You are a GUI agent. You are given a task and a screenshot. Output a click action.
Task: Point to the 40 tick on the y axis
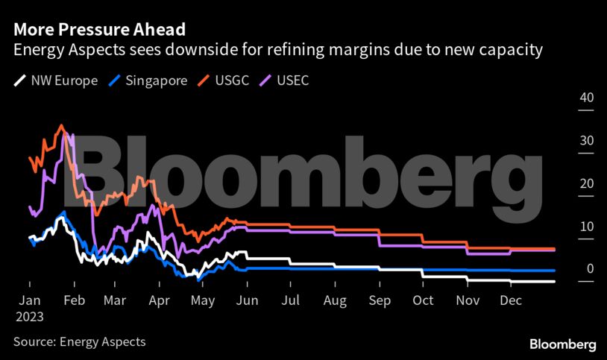(x=586, y=98)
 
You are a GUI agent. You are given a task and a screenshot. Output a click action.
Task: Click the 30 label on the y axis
(x=586, y=141)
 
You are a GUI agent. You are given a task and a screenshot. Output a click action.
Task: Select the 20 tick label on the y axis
(x=586, y=184)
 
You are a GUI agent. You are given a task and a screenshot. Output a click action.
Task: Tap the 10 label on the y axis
(x=586, y=227)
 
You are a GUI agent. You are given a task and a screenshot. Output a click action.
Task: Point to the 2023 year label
(x=28, y=316)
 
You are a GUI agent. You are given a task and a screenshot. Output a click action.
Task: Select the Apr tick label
(x=159, y=301)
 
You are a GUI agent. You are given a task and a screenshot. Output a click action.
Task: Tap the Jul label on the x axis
(x=291, y=301)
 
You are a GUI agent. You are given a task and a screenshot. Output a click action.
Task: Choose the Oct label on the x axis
(x=424, y=301)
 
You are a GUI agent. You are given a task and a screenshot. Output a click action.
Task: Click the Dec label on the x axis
(x=510, y=301)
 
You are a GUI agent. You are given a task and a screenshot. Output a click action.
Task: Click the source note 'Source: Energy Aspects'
(x=79, y=342)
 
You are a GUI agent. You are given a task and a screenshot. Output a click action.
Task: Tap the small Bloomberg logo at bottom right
(x=562, y=344)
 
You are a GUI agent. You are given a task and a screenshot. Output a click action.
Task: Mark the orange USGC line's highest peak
(x=61, y=124)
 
